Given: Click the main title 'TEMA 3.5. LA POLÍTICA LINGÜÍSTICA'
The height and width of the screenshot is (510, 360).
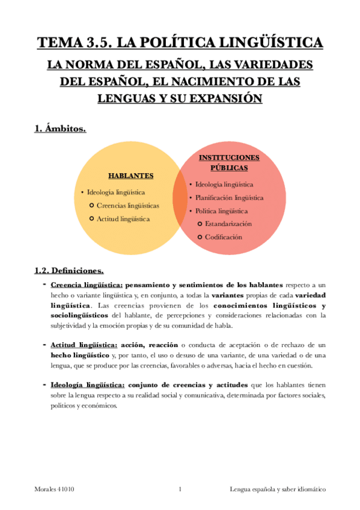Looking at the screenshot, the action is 180,43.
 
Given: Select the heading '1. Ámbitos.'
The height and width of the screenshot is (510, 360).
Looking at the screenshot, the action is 59,128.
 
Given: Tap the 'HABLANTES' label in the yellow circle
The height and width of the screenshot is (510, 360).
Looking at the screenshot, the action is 130,176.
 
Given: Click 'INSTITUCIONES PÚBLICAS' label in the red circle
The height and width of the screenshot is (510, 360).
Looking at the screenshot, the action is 228,162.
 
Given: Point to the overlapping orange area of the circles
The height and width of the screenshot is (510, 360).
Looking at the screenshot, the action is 180,198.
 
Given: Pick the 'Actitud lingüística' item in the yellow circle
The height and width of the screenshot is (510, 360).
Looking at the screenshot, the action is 123,219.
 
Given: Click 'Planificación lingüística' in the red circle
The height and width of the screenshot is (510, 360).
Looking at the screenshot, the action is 229,197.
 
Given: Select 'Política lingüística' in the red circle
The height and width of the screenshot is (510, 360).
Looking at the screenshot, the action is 221,211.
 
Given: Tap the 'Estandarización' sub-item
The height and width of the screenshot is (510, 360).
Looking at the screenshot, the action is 228,224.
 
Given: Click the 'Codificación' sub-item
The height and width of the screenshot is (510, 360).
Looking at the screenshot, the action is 223,237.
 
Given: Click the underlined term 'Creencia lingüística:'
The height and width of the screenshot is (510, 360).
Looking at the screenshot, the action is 87,284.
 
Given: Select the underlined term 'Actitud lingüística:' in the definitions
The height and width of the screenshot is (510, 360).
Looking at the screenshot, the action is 84,345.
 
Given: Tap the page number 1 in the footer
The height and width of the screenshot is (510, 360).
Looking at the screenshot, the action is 180,490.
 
